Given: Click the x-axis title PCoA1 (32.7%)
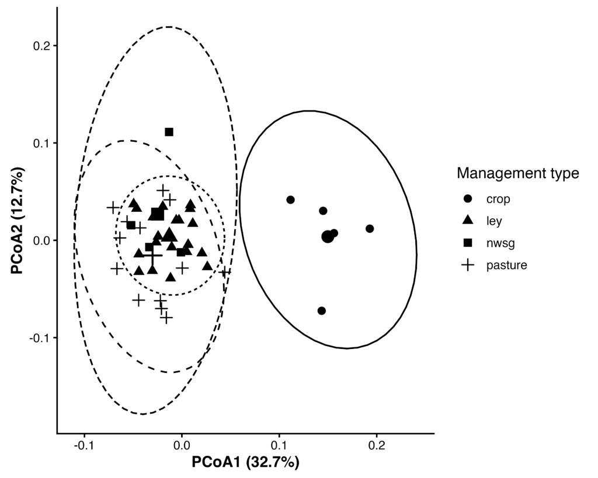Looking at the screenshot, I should click(x=245, y=463).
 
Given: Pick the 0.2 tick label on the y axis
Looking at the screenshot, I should click(x=42, y=46).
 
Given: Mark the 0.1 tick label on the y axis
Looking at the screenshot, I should click(x=42, y=143).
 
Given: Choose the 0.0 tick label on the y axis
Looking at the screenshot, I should click(x=42, y=240).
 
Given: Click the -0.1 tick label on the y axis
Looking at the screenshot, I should click(x=40, y=338).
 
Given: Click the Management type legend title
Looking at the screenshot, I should click(x=517, y=173).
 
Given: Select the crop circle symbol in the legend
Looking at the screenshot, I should click(x=467, y=199).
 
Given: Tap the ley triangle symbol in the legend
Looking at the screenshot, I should click(x=467, y=221).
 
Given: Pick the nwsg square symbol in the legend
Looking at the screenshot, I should click(x=467, y=243).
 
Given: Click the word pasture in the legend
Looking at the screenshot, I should click(x=507, y=265).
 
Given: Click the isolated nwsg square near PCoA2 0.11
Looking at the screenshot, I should click(x=169, y=132).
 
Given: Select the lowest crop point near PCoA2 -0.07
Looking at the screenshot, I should click(x=321, y=310).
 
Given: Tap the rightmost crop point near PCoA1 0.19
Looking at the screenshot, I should click(x=369, y=228).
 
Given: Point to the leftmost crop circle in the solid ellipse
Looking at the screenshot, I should click(x=290, y=200).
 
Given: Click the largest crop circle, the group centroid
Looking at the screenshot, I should click(x=327, y=236).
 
